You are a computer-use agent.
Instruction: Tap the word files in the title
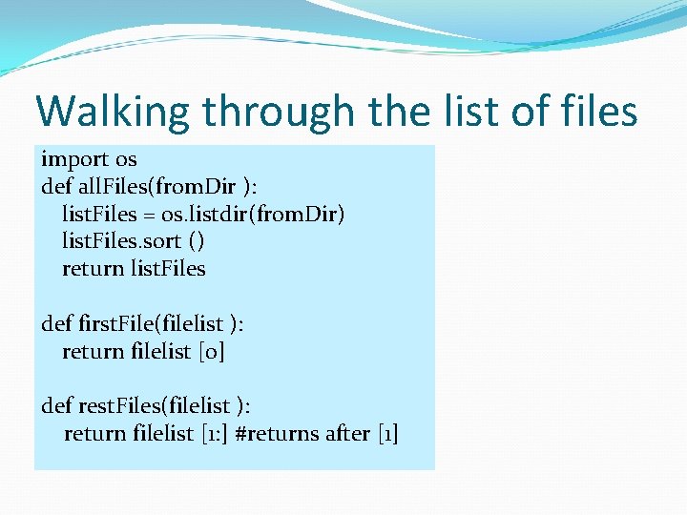click(x=599, y=112)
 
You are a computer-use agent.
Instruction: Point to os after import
click(x=126, y=159)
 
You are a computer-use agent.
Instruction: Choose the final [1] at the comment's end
click(x=387, y=434)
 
